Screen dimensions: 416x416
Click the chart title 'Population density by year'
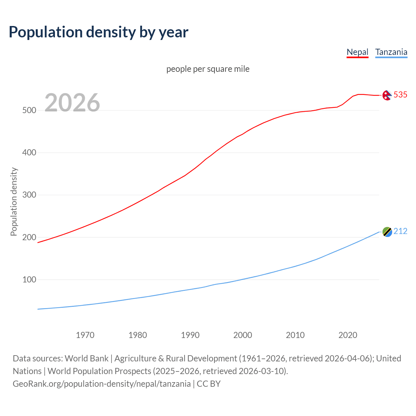coord(98,32)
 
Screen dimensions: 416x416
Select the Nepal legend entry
coord(357,52)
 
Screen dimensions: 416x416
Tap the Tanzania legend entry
coord(391,52)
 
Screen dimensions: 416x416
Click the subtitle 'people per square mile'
coord(208,69)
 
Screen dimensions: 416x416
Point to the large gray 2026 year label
coord(72,103)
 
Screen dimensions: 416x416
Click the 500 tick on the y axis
coord(29,110)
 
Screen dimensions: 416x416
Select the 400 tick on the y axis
coord(29,152)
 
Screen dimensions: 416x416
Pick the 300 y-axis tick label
coord(29,195)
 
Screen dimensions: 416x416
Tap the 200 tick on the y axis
coord(29,237)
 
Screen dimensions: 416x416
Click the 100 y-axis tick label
coord(29,279)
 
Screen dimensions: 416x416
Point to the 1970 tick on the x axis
coord(85,335)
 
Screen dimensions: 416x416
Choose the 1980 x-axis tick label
coord(138,335)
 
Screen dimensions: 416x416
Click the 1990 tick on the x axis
coord(190,335)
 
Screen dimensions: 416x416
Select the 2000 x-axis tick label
coord(243,335)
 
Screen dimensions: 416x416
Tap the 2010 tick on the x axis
coord(295,335)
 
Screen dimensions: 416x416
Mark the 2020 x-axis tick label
coord(348,335)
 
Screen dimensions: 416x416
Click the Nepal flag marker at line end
coord(387,95)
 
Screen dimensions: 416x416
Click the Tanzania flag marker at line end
coord(387,232)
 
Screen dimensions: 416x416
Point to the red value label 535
coord(400,95)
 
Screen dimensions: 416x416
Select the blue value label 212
coord(400,231)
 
